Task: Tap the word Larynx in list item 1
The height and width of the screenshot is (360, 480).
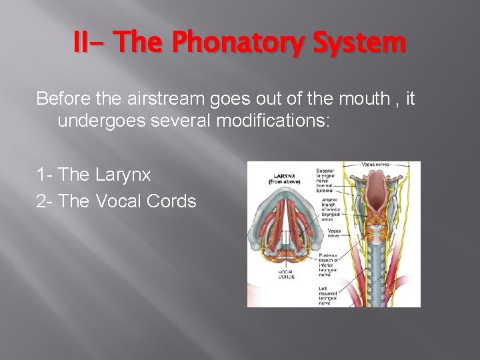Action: pyautogui.click(x=123, y=175)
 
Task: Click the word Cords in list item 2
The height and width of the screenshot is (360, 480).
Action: pyautogui.click(x=175, y=201)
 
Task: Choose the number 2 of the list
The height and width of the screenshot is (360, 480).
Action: pyautogui.click(x=42, y=201)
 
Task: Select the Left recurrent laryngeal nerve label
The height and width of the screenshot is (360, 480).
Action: pyautogui.click(x=329, y=293)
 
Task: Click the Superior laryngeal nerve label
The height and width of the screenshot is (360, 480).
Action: pyautogui.click(x=332, y=175)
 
